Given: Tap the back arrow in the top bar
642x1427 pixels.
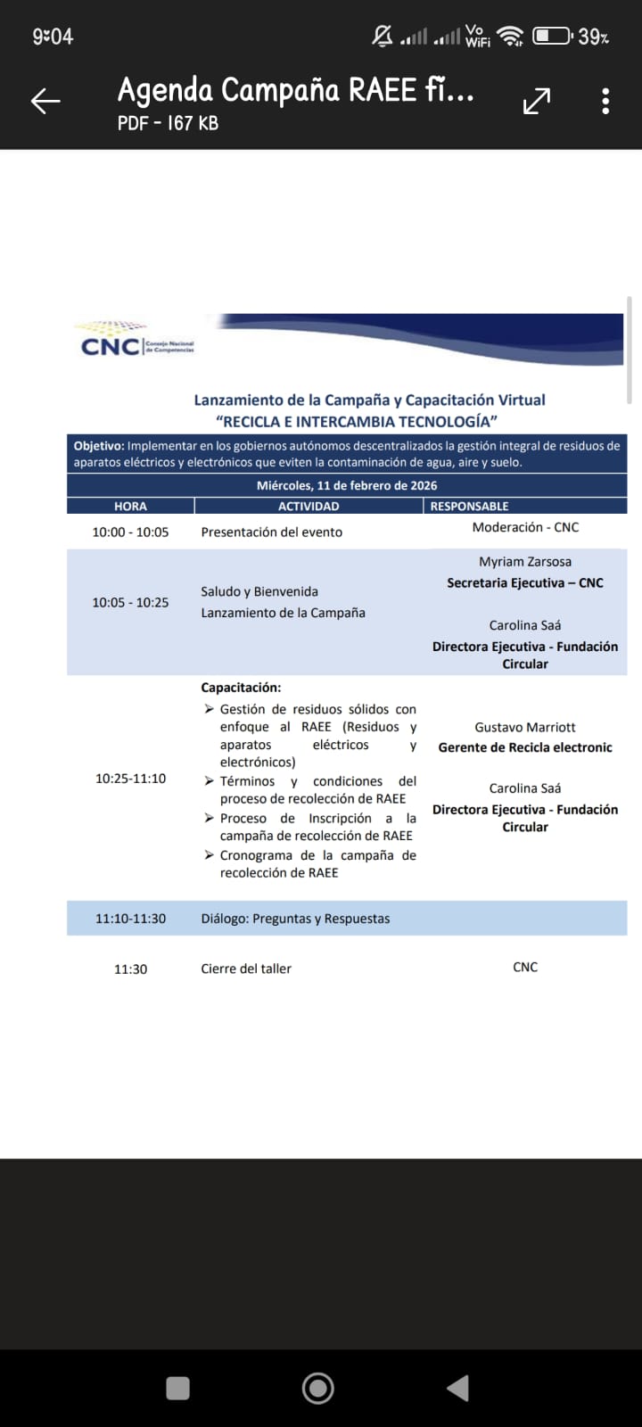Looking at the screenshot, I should (x=45, y=101).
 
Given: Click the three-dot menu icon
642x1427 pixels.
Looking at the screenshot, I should (x=605, y=101).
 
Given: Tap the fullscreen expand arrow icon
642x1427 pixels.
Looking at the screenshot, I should (x=536, y=102).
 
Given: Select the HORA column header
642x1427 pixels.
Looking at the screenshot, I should (x=130, y=506).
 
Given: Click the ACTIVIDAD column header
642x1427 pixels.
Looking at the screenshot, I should (x=309, y=506).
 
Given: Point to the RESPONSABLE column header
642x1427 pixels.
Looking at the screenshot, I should (x=469, y=506).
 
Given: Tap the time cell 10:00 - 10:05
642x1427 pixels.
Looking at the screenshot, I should (x=130, y=532).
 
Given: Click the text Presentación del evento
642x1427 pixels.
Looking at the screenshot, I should (x=272, y=532).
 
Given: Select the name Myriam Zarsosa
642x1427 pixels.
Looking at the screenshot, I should (x=525, y=562).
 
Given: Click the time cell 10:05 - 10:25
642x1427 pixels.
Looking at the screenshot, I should (x=130, y=602).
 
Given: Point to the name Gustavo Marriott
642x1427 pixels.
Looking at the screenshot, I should (x=525, y=728).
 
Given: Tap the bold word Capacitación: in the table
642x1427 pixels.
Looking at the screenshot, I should (x=241, y=688).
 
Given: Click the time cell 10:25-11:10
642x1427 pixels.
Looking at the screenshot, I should (x=130, y=779).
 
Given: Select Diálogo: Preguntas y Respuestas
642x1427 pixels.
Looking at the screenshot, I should (x=295, y=919).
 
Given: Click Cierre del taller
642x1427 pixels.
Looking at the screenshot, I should (x=246, y=969).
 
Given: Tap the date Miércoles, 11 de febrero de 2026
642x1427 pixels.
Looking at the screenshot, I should (x=347, y=485).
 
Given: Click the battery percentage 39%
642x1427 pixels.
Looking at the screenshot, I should (x=594, y=37).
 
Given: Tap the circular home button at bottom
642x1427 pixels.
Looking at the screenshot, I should (x=318, y=1388).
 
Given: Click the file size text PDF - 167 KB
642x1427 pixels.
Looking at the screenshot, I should (x=168, y=123).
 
